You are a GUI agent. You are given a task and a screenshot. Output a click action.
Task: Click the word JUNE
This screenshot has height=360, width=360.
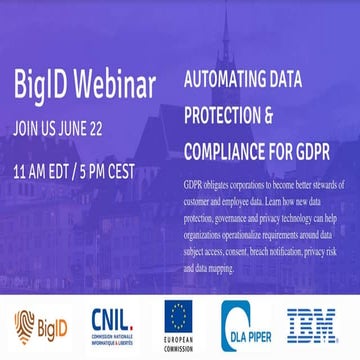[x=88, y=127]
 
